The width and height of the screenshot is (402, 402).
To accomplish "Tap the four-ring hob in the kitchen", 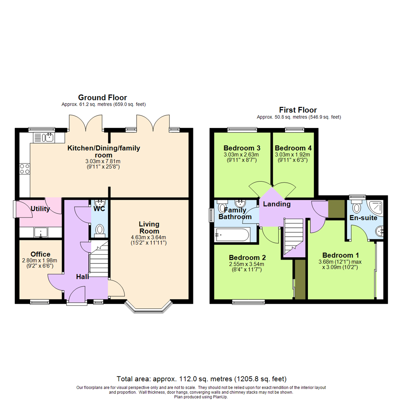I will click(25, 169).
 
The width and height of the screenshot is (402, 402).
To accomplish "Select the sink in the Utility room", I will click(40, 232).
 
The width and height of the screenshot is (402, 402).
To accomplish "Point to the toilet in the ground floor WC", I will click(99, 230).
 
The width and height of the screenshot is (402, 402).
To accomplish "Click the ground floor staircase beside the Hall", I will click(99, 261).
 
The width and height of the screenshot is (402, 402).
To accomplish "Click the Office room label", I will click(40, 254).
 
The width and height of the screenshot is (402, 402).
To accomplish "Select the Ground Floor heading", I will click(102, 98).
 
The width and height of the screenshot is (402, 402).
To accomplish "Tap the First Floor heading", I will click(298, 110).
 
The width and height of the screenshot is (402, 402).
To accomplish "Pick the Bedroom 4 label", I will click(293, 147).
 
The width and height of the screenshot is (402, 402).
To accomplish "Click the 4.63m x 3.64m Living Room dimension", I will click(149, 237).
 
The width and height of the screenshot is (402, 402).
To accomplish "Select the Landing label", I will click(277, 204).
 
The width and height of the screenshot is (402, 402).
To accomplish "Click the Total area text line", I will click(201, 379).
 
